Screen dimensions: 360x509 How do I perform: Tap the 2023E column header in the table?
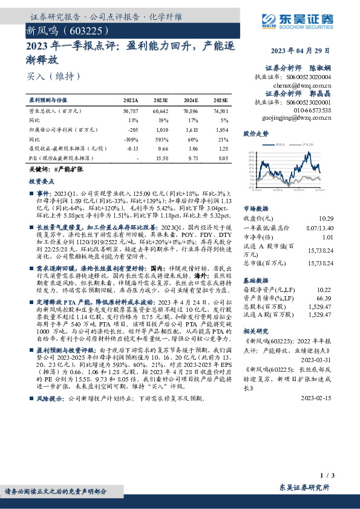pos(160,100)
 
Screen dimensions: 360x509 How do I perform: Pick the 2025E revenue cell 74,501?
pos(221,111)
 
